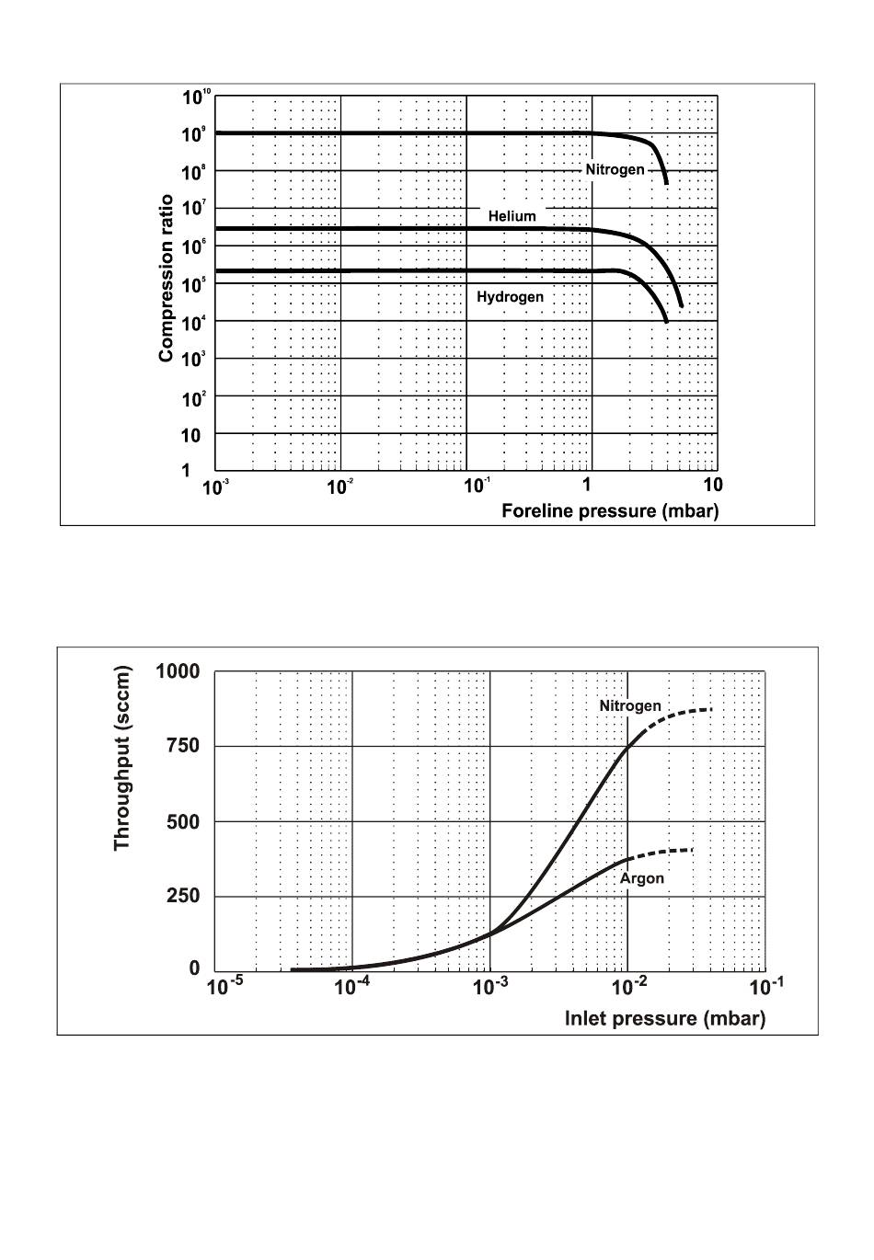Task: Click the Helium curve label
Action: click(x=512, y=216)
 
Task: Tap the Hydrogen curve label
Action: click(x=510, y=297)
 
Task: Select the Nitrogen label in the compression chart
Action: click(x=615, y=169)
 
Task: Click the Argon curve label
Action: click(x=641, y=878)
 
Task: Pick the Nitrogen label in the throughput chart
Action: click(x=630, y=705)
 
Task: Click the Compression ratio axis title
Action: click(x=167, y=278)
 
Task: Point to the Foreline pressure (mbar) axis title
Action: click(x=609, y=510)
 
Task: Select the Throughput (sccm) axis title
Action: click(x=122, y=759)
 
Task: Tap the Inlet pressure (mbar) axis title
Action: click(x=664, y=1018)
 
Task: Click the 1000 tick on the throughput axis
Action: click(x=178, y=671)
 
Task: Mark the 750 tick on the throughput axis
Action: click(x=183, y=747)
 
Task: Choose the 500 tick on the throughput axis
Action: click(x=183, y=821)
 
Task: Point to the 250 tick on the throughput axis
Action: click(x=183, y=896)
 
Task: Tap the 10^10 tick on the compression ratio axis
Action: click(x=197, y=97)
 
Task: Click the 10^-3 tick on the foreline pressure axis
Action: click(x=214, y=487)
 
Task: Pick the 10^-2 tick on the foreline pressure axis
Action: click(x=339, y=487)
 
